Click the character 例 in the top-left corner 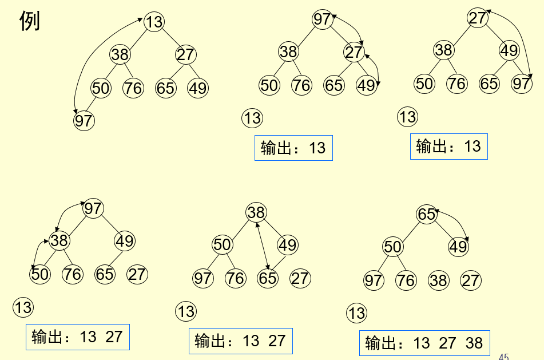tap(29, 21)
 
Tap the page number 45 tap(503, 357)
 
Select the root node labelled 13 tap(154, 22)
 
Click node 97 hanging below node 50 tap(84, 121)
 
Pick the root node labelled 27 tap(477, 18)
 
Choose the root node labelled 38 tap(256, 213)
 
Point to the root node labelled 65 tap(426, 214)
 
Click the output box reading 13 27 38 tap(424, 343)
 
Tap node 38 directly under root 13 tap(120, 55)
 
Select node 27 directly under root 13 tap(185, 55)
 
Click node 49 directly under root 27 tap(509, 50)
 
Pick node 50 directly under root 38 tap(222, 245)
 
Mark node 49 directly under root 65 tap(458, 247)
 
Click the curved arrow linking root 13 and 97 tap(92, 63)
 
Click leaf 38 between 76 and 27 tap(439, 280)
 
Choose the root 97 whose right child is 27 tap(322, 19)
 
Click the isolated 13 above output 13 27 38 tap(356, 313)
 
